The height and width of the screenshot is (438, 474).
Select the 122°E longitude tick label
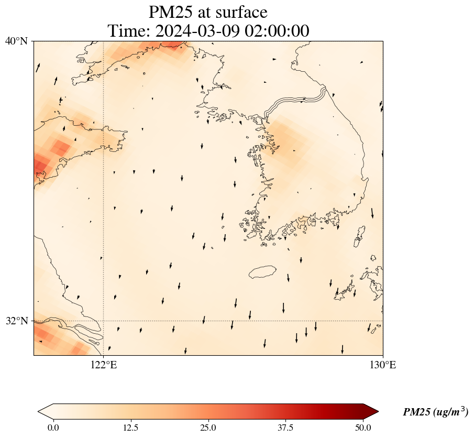click(x=104, y=365)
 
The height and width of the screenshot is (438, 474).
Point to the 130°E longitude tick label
click(x=383, y=365)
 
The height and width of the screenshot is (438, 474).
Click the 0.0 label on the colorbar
click(x=53, y=428)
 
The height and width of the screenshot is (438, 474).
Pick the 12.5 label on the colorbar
click(x=130, y=428)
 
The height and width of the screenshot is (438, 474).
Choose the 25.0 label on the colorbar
click(x=208, y=428)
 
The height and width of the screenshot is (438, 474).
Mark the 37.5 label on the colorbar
click(x=285, y=428)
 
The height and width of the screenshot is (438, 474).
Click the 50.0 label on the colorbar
click(x=363, y=428)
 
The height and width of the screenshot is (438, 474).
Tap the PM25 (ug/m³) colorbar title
click(x=435, y=412)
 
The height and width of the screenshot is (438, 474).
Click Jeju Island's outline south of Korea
click(x=262, y=272)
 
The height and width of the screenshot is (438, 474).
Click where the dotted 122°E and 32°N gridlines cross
click(x=104, y=321)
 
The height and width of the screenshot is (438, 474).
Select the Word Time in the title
click(x=127, y=30)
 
